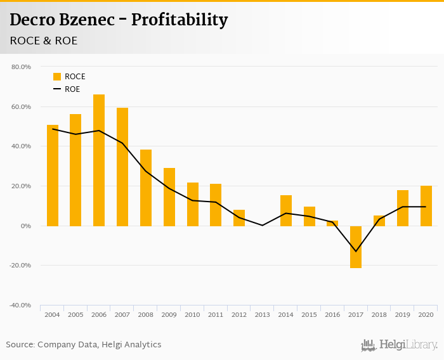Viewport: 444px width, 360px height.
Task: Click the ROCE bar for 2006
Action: coord(99,160)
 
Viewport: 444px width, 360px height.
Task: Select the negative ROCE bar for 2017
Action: coord(356,247)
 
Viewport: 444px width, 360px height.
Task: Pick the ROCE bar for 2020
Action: coord(426,206)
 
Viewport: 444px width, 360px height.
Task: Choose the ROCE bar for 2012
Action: coord(239,218)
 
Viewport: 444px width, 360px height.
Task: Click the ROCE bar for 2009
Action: coord(169,197)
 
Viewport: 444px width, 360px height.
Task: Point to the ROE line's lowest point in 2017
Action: coord(356,252)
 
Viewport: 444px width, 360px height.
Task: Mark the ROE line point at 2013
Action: coord(263,226)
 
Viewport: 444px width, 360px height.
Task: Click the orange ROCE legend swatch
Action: coord(57,77)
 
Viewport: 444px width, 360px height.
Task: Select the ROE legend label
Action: coord(72,89)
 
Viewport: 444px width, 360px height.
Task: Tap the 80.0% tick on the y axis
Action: coord(21,67)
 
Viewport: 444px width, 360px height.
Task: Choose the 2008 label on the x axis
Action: coord(146,314)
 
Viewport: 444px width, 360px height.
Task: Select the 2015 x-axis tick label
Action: coord(310,314)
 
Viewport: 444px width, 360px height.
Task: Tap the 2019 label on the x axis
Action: coord(403,314)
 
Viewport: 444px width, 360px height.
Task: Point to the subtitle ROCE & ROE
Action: coord(44,41)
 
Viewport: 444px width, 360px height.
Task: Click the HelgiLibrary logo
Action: coord(399,345)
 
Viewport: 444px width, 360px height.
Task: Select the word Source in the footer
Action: coord(19,345)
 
